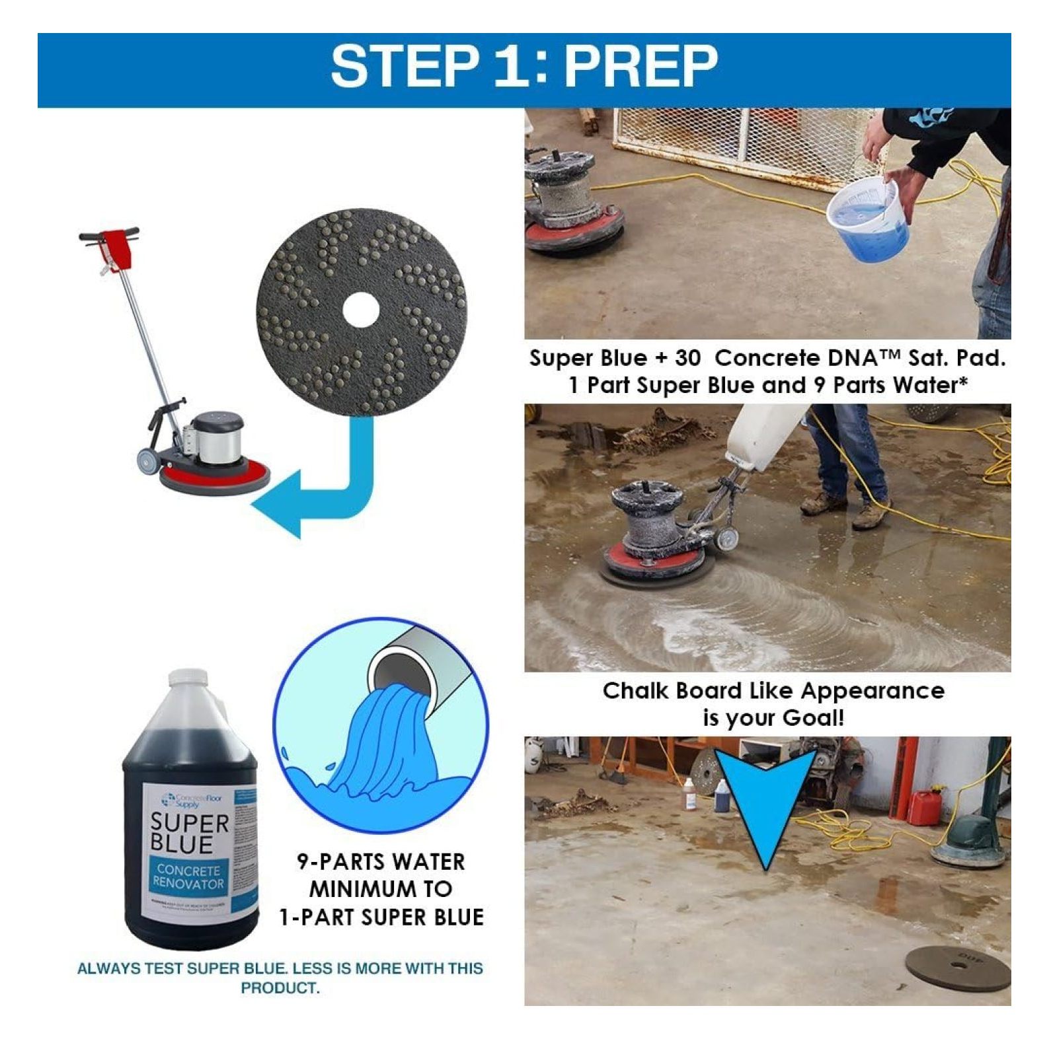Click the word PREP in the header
[640, 66]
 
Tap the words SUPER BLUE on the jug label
[189, 834]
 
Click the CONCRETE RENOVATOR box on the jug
[188, 876]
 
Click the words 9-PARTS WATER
[381, 862]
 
